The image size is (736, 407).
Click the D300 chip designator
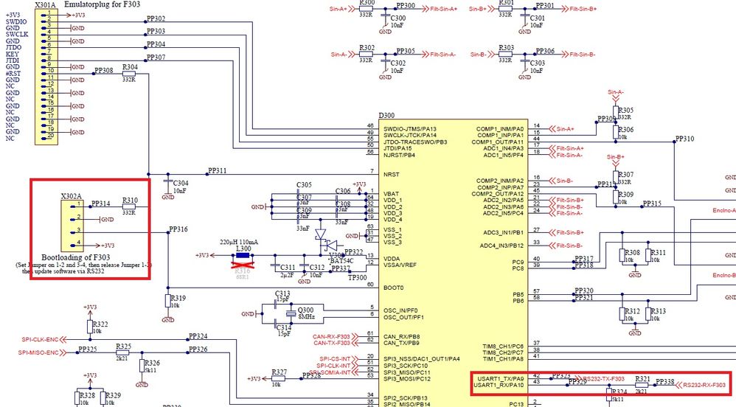[x=387, y=116]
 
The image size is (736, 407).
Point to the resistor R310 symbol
[x=129, y=207]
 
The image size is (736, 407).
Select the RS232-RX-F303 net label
[x=704, y=385]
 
